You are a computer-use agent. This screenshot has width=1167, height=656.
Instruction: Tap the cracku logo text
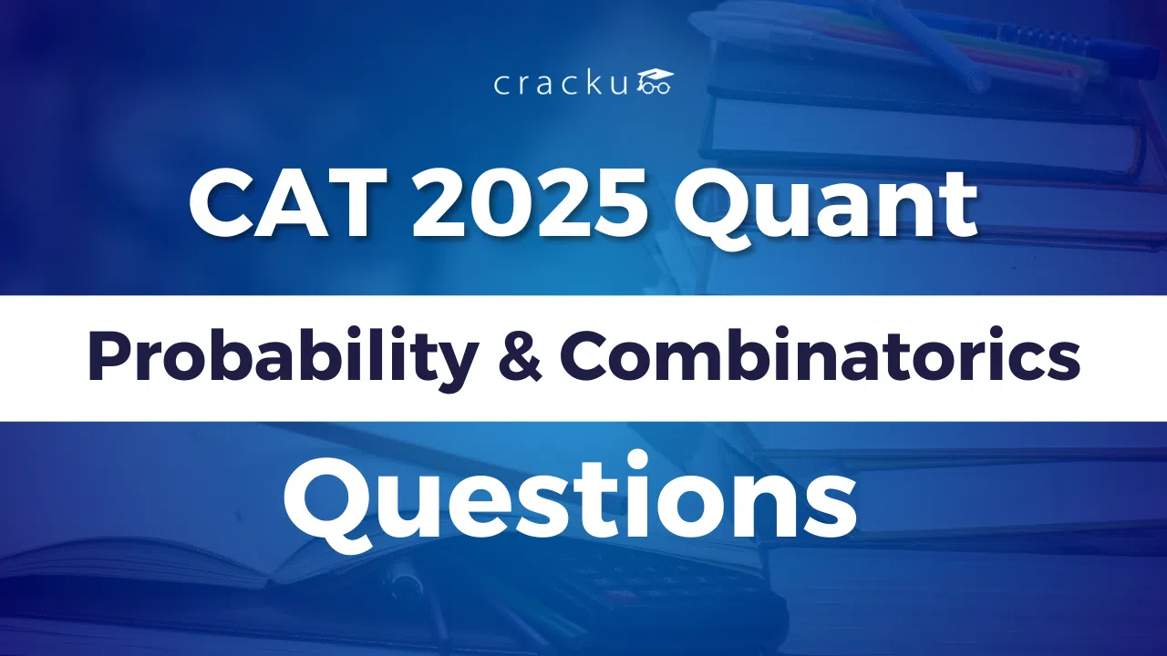click(x=562, y=85)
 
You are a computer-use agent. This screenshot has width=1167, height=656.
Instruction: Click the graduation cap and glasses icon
click(x=655, y=82)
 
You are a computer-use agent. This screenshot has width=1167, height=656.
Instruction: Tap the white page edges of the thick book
click(x=921, y=137)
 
